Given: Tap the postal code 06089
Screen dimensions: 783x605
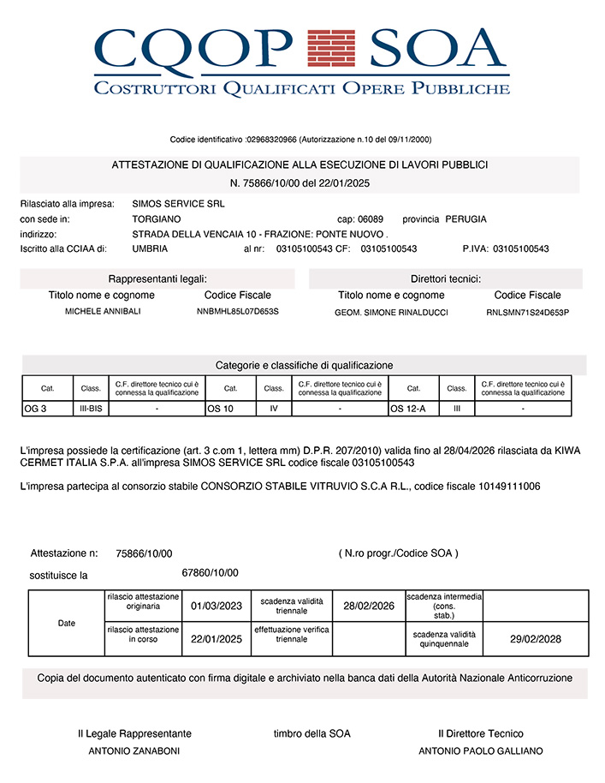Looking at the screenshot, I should (371, 219).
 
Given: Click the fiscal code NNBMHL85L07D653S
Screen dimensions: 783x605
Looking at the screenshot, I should (238, 311).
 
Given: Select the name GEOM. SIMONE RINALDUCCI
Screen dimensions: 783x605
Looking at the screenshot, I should (391, 313).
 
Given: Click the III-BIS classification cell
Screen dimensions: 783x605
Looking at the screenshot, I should (91, 409).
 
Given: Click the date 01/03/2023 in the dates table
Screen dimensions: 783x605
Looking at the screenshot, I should (216, 607).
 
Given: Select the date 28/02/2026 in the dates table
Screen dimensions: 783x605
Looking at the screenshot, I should (368, 607).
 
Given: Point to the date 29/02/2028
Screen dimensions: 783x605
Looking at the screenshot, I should (536, 639).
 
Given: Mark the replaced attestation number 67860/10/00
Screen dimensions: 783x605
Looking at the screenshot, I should (210, 573).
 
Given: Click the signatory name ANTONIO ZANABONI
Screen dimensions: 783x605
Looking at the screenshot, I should (134, 751).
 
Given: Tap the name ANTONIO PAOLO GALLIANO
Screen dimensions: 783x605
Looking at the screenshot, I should (480, 751).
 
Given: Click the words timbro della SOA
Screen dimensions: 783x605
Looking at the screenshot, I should (311, 733).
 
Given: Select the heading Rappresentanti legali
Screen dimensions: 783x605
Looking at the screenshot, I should (157, 279).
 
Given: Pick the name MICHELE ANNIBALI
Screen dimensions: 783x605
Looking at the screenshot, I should (104, 311).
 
